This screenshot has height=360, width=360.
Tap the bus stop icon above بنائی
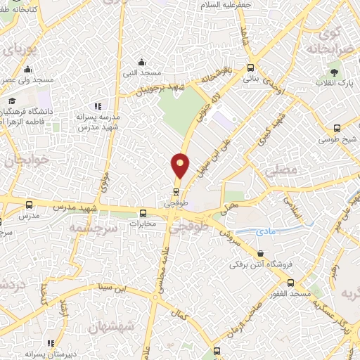click(250, 68)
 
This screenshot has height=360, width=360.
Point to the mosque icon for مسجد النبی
click(142, 61)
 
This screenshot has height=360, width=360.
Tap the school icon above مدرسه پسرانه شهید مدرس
click(96, 105)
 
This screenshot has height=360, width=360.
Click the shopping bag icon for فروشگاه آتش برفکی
click(261, 254)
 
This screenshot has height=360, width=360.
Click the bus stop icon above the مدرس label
click(29, 205)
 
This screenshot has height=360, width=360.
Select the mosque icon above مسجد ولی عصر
click(27, 69)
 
